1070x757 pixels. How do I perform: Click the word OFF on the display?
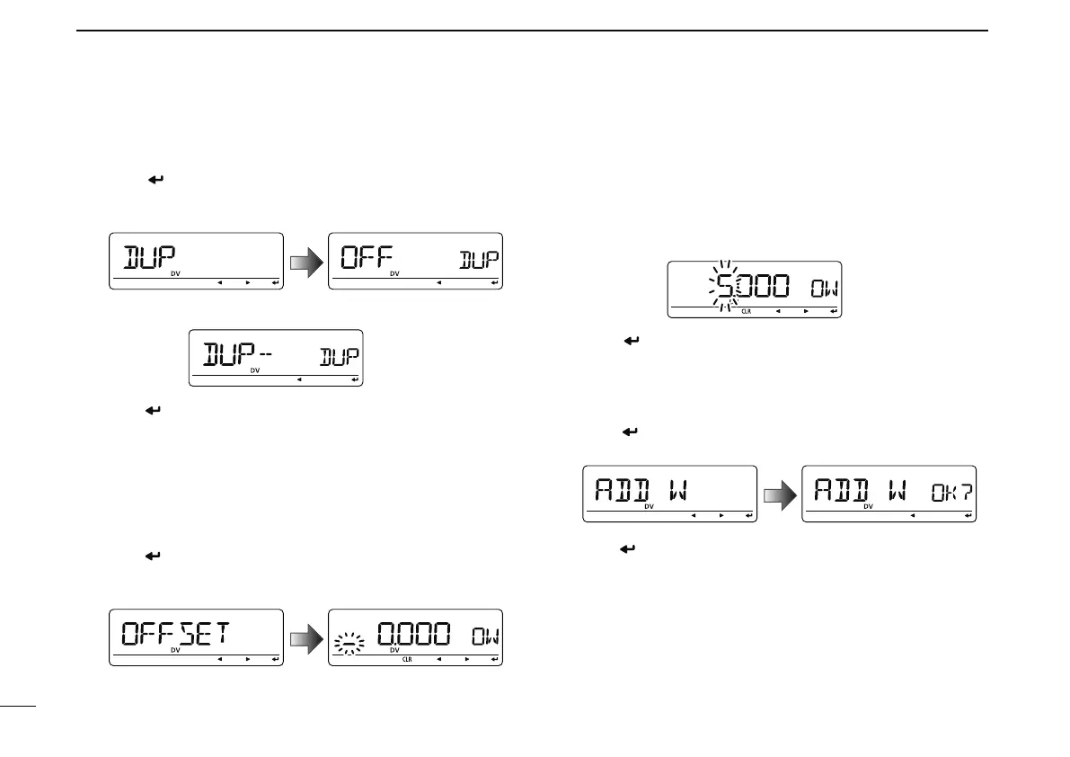click(370, 259)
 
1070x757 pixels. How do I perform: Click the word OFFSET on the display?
click(174, 635)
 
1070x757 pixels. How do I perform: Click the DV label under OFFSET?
click(175, 650)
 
